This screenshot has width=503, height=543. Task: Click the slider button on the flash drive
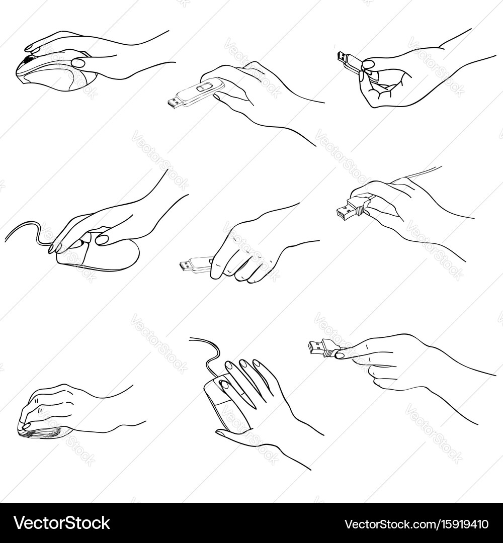coord(203,87)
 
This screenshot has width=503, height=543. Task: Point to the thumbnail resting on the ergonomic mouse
coord(78,63)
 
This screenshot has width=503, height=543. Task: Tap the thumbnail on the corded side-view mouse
coord(103,239)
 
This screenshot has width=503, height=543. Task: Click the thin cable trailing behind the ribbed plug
coord(415,173)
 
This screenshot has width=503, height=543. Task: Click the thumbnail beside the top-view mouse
coord(221,432)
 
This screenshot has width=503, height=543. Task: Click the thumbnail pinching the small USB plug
coord(341,354)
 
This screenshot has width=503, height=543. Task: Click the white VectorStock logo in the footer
coord(62,523)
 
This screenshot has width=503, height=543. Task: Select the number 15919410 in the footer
coord(459,523)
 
